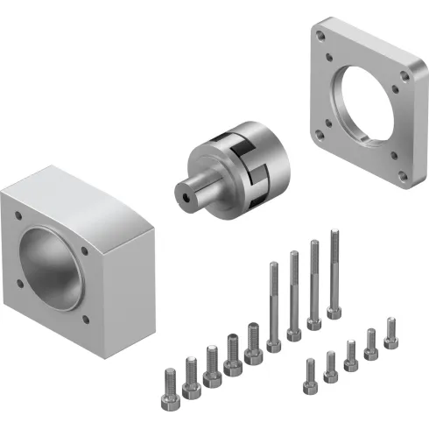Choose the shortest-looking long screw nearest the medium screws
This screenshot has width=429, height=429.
click(273, 306)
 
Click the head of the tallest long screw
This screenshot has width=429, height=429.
click(334, 311)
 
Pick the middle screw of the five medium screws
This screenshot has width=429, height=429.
click(212, 363)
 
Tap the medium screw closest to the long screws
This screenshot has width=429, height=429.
click(253, 341)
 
